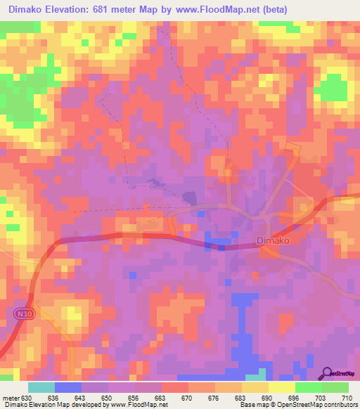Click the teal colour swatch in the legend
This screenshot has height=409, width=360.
click(41, 387)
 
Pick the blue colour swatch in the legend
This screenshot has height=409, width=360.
click(68, 387)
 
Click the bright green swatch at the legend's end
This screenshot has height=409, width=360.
click(335, 387)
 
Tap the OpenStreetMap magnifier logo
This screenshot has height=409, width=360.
click(328, 372)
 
